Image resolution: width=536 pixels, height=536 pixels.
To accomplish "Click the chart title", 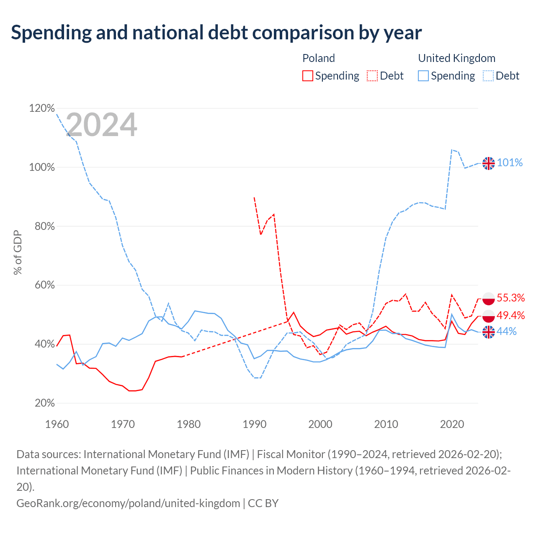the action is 216,33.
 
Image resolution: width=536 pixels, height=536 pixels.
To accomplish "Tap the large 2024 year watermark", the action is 101,124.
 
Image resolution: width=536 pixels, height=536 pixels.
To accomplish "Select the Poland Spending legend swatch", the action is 307,76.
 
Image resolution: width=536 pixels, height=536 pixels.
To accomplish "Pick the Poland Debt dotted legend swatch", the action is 372,76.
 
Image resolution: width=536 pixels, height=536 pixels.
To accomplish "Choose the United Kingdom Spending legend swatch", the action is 423,76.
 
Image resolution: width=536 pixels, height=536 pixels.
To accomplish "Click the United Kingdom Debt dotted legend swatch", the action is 488,76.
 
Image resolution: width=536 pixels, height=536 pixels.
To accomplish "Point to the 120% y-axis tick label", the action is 42,108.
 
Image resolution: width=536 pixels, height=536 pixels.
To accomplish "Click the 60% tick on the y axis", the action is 44,285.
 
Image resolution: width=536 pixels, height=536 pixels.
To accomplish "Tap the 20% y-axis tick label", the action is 44,403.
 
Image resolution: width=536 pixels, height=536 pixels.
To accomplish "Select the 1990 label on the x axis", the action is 254,425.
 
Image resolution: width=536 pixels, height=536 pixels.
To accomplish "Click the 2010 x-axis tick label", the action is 386,425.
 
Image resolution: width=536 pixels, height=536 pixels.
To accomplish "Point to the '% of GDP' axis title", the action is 18,252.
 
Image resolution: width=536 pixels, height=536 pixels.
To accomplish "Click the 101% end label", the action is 510,163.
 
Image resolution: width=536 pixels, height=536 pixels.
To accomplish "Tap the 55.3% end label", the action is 511,298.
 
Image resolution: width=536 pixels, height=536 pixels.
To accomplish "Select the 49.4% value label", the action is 511,315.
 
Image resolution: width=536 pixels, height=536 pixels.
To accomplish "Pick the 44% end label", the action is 507,332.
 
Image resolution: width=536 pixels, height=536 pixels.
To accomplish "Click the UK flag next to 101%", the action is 488,163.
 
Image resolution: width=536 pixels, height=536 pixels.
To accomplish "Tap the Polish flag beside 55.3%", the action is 488,299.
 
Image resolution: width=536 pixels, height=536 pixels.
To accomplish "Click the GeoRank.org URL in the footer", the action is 128,503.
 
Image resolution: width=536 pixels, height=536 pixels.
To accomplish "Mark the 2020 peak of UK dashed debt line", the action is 452,149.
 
